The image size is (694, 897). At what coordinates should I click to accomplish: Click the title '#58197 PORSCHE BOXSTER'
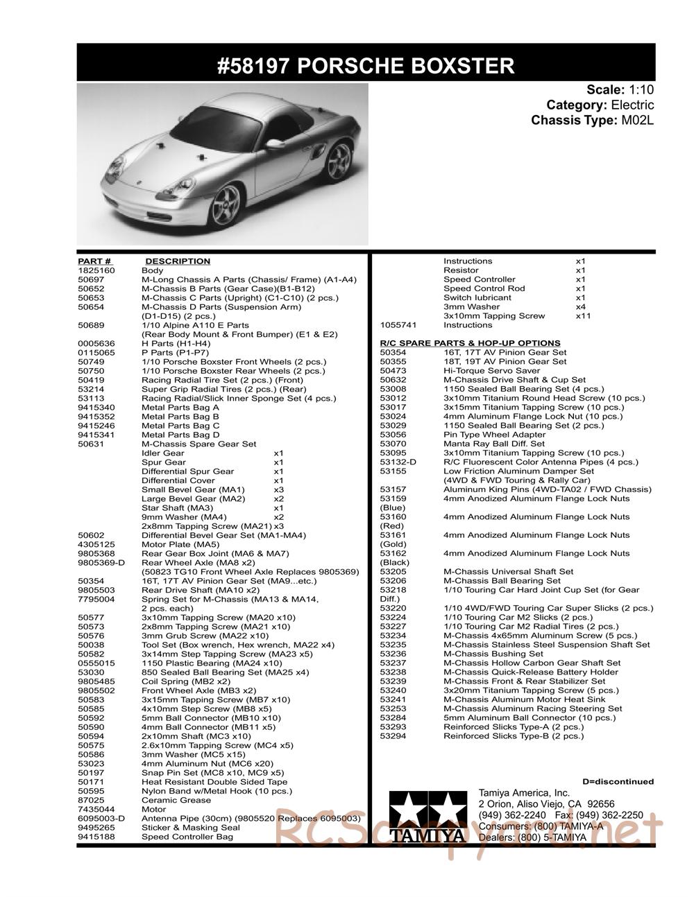[x=366, y=66]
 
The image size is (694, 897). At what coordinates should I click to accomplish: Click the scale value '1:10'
[x=641, y=89]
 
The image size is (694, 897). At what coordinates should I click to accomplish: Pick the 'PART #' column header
[x=94, y=261]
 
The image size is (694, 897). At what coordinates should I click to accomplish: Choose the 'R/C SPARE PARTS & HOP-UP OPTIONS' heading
[x=470, y=343]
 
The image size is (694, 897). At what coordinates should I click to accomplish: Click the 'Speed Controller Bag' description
[x=183, y=837]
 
